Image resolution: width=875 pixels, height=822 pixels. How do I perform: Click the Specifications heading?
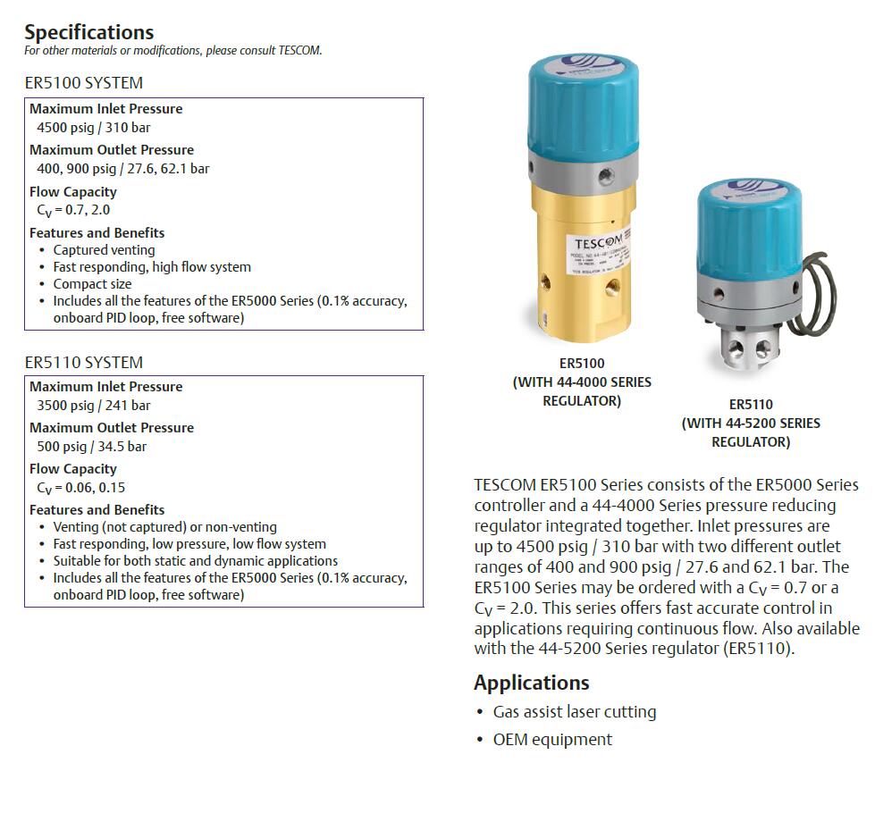coord(88,32)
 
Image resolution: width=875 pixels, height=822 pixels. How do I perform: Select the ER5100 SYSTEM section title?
coord(83,83)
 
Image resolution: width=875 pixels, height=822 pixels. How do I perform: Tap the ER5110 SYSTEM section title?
coord(83,362)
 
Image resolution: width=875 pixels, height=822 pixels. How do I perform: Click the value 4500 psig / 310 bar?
coord(93,127)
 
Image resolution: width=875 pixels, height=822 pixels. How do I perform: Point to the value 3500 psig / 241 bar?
coord(93,405)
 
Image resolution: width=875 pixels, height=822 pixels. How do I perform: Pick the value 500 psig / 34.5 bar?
coord(91,446)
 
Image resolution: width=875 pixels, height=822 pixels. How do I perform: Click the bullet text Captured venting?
coord(104,250)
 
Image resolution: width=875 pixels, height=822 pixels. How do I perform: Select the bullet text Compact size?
coord(92,284)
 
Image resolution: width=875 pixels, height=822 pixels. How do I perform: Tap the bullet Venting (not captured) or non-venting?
coord(164,527)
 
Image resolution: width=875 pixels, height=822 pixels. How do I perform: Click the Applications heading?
coord(531,683)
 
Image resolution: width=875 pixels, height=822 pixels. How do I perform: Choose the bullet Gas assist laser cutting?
coord(574,712)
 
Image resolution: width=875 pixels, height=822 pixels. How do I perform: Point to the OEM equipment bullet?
coord(552,740)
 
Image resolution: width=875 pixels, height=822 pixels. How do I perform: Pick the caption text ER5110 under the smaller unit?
coord(751,405)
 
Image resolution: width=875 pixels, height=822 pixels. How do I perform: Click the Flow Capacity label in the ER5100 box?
coord(73,191)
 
